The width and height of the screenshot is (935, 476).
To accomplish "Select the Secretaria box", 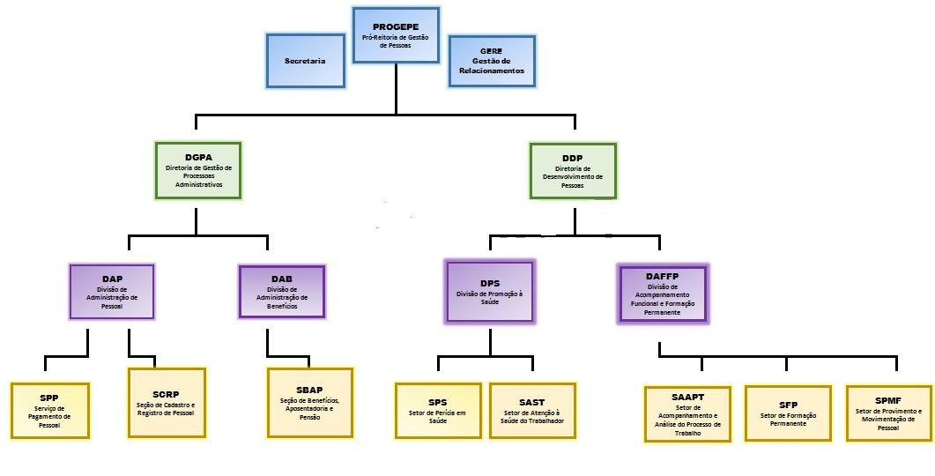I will pyautogui.click(x=305, y=61).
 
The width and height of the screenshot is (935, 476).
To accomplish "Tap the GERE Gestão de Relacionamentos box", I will pyautogui.click(x=491, y=61).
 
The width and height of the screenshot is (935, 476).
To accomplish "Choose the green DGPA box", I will pyautogui.click(x=198, y=170).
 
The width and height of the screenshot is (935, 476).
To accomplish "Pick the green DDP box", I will pyautogui.click(x=572, y=171).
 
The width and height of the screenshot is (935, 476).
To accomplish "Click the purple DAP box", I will pyautogui.click(x=112, y=291).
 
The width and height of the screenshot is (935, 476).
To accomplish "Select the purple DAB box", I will pyautogui.click(x=282, y=292).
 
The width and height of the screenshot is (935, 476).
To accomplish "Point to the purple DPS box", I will pyautogui.click(x=489, y=293).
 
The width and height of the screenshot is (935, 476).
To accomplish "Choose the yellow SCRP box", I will pyautogui.click(x=167, y=402).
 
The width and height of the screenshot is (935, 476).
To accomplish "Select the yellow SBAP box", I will pyautogui.click(x=309, y=403).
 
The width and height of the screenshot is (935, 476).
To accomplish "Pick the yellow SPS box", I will pyautogui.click(x=438, y=410).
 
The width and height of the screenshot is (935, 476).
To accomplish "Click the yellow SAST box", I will pyautogui.click(x=532, y=410).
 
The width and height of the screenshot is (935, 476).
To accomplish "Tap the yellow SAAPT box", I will pyautogui.click(x=687, y=413).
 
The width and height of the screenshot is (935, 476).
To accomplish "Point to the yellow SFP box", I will pyautogui.click(x=787, y=413).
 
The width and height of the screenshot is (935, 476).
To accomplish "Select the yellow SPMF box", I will pyautogui.click(x=888, y=413).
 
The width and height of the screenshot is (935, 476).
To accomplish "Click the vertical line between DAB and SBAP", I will pyautogui.click(x=267, y=342).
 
